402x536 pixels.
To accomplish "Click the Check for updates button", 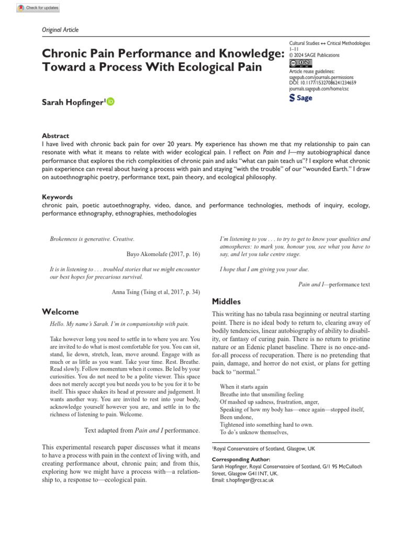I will [38, 8].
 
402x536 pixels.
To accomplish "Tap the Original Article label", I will [60, 30].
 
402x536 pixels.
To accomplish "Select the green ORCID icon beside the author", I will [110, 102].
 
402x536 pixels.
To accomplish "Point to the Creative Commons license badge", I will [300, 63].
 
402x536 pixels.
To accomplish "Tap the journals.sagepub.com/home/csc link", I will [319, 89].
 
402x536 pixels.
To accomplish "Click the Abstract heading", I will [55, 136].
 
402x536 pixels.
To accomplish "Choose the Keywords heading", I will [57, 197].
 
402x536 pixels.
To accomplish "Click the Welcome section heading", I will [60, 312].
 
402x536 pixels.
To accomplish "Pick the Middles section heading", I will [226, 301].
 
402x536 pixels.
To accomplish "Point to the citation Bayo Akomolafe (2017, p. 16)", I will [163, 254].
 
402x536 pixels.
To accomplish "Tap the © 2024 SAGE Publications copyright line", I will [314, 55].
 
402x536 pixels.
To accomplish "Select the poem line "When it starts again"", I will [244, 387].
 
